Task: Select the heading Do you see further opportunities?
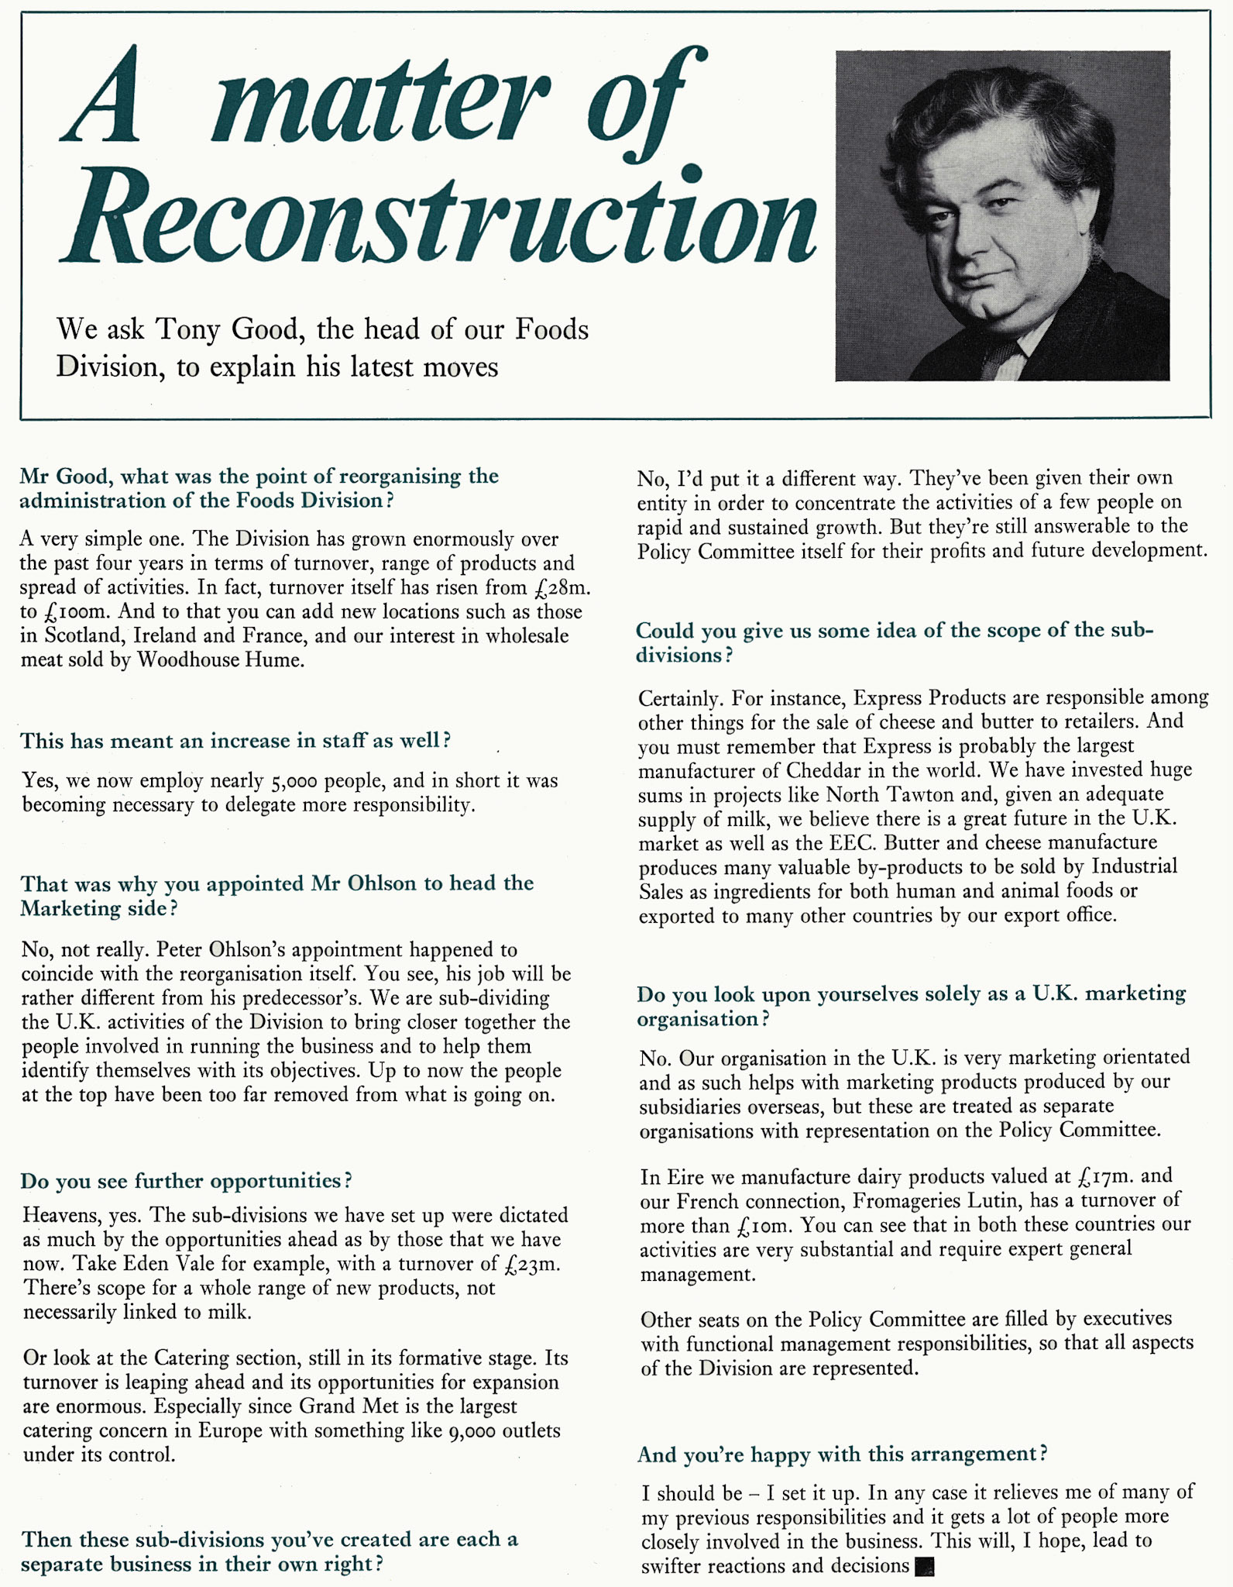tap(186, 1181)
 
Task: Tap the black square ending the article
tap(924, 1567)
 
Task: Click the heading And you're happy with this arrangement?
tap(842, 1454)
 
